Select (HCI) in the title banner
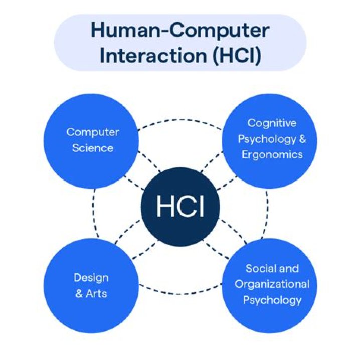coord(237,56)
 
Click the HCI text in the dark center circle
coord(180,206)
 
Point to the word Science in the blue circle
coord(93,148)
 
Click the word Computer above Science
coord(93,132)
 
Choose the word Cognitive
coord(272,123)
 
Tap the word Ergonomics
coord(272,155)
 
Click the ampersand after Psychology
coord(302,139)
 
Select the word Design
coord(91,278)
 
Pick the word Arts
coord(96,294)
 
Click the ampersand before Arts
coord(79,294)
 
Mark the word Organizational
coord(272,284)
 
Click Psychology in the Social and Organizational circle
coord(272,300)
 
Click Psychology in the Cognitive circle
coord(267,139)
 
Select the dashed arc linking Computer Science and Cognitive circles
coord(180,120)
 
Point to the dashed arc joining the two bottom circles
coord(180,294)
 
